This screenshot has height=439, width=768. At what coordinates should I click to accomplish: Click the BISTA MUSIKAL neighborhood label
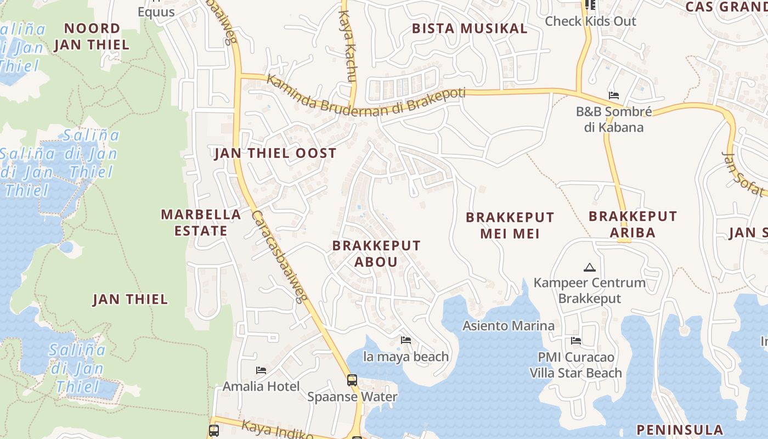point(470,29)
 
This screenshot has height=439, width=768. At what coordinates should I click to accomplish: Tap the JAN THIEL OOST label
point(275,153)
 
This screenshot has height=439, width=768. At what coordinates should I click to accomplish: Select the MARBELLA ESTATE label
point(201,222)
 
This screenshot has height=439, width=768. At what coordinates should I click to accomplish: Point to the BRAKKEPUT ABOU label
point(376,254)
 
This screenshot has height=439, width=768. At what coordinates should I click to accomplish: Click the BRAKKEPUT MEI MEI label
point(510,226)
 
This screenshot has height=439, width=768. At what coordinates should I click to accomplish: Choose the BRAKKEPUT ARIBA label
point(633,224)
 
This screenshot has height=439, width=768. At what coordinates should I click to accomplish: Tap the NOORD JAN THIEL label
point(92,36)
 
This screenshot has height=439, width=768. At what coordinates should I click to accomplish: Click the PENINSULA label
point(680,430)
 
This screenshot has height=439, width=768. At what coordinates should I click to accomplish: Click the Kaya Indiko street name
point(272,431)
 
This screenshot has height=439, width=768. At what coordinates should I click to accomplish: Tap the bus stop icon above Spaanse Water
point(352,380)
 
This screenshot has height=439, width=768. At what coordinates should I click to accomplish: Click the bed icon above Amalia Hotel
point(261,370)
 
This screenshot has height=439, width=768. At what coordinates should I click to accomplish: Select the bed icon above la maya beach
point(406,340)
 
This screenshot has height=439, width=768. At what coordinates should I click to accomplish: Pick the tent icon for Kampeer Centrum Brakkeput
point(590,267)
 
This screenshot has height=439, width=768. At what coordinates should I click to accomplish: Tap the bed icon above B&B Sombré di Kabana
point(614,95)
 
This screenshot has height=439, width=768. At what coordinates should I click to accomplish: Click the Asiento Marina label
point(509,325)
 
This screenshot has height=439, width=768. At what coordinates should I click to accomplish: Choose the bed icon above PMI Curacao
point(576,341)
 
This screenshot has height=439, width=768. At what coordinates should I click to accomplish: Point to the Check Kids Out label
point(590,21)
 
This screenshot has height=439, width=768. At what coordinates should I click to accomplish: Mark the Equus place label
point(156,12)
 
